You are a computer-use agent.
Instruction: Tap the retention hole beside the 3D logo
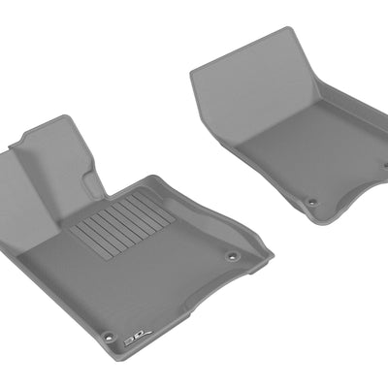pyautogui.click(x=109, y=337)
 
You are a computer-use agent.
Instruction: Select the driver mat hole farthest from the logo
pyautogui.click(x=232, y=256)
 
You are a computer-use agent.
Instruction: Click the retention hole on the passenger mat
pyautogui.click(x=312, y=202)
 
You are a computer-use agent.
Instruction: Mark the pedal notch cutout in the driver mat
pyautogui.click(x=97, y=184)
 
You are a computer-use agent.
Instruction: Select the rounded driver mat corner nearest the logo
pyautogui.click(x=102, y=352)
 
